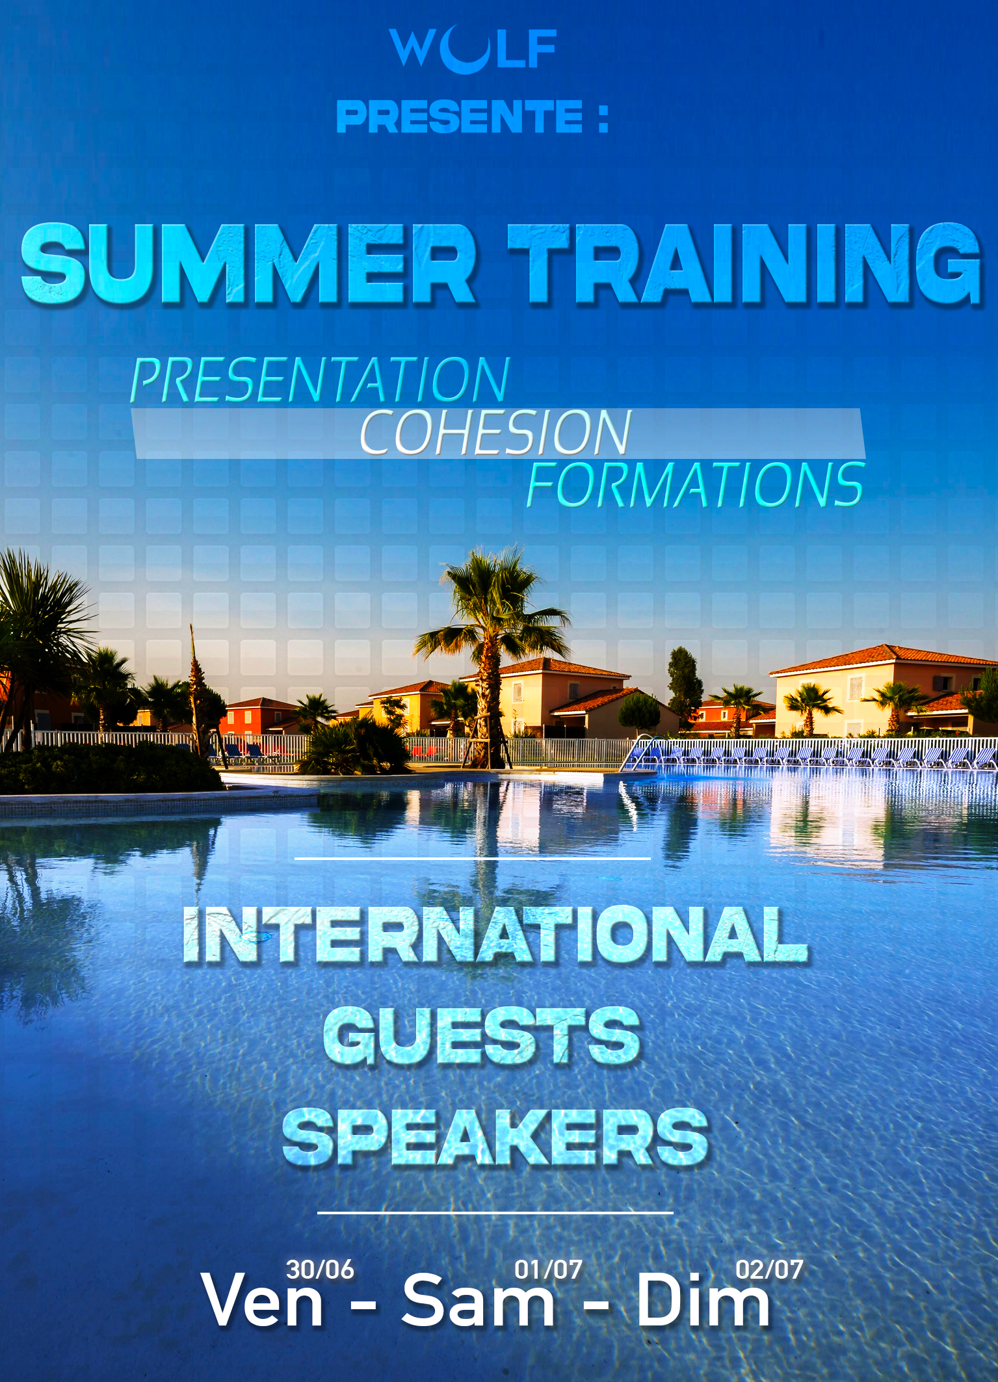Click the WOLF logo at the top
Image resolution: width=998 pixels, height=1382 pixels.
pyautogui.click(x=473, y=49)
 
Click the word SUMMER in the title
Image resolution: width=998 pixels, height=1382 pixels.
pyautogui.click(x=249, y=263)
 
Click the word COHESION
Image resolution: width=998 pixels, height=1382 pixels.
pyautogui.click(x=495, y=432)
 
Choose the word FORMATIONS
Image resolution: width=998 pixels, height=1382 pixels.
pyautogui.click(x=696, y=484)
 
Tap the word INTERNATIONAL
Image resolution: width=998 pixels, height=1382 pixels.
pyautogui.click(x=495, y=934)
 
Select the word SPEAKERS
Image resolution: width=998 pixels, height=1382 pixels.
pyautogui.click(x=495, y=1138)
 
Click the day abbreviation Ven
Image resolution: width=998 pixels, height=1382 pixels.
pyautogui.click(x=262, y=1300)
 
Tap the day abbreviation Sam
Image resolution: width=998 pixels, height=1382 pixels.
pyautogui.click(x=479, y=1300)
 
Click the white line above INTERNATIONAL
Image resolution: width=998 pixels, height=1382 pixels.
pyautogui.click(x=473, y=859)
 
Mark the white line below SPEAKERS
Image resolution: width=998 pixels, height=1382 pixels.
pyautogui.click(x=495, y=1212)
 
